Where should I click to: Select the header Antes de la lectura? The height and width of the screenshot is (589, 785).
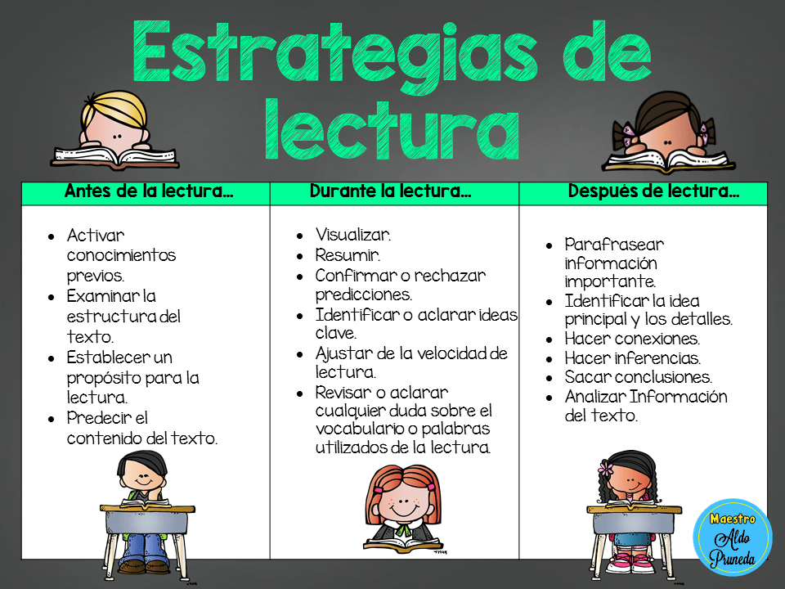[x=148, y=193]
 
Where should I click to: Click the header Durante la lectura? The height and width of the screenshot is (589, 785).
[x=390, y=193]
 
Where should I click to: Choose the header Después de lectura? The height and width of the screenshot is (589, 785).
[x=653, y=193]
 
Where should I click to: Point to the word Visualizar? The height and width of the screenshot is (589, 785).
[x=353, y=236]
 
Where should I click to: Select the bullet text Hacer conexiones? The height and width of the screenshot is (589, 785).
[x=631, y=339]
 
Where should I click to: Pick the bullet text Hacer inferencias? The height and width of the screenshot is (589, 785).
[x=632, y=358]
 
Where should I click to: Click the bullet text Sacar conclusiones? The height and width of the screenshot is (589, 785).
[x=638, y=378]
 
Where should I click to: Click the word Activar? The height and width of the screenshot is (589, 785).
[x=96, y=236]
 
